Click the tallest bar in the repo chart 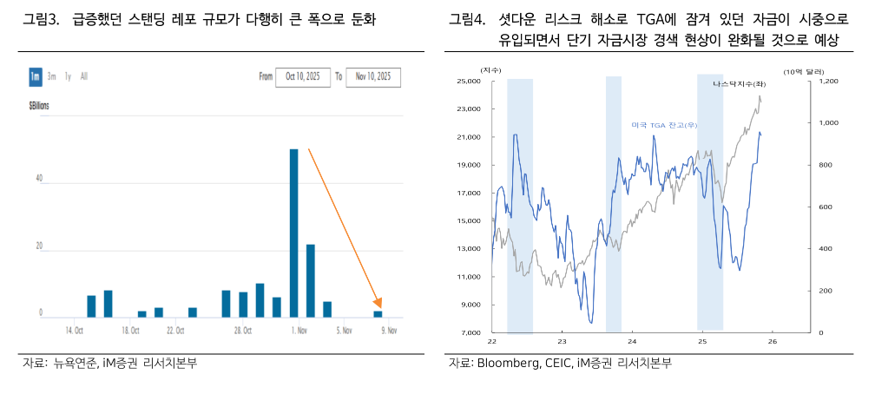point(294,233)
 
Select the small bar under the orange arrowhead point(378,313)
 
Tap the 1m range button point(35,77)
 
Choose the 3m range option point(52,77)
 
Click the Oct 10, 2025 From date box point(303,77)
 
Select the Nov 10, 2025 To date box point(372,77)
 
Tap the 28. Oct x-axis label point(242,331)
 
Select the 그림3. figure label point(41,19)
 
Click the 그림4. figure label point(468,19)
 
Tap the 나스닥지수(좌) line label point(739,84)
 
